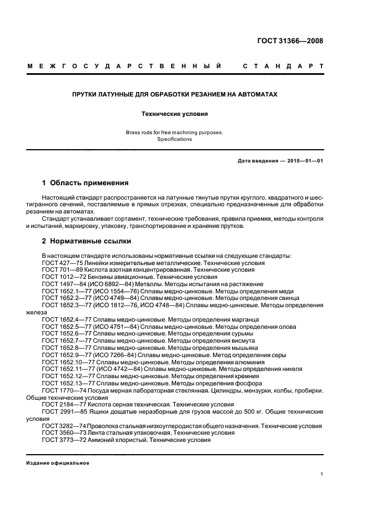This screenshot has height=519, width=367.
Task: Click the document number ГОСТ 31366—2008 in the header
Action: point(290,41)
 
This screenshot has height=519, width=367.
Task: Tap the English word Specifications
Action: point(174,139)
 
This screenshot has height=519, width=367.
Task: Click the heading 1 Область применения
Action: point(86,182)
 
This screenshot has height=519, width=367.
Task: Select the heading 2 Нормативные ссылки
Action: point(87,241)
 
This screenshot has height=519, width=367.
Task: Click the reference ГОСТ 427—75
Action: point(62,263)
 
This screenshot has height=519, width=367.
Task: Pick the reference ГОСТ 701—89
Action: point(62,269)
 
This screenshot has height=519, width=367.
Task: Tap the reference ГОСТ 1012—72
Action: point(64,277)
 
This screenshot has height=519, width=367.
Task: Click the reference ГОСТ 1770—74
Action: point(64,390)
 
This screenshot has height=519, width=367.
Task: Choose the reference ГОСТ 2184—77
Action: point(64,405)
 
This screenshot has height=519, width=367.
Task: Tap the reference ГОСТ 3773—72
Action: point(64,440)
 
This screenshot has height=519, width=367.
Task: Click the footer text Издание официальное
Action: point(57,463)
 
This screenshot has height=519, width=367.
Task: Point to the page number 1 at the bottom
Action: point(322,474)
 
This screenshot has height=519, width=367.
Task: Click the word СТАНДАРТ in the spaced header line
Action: point(283,67)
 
